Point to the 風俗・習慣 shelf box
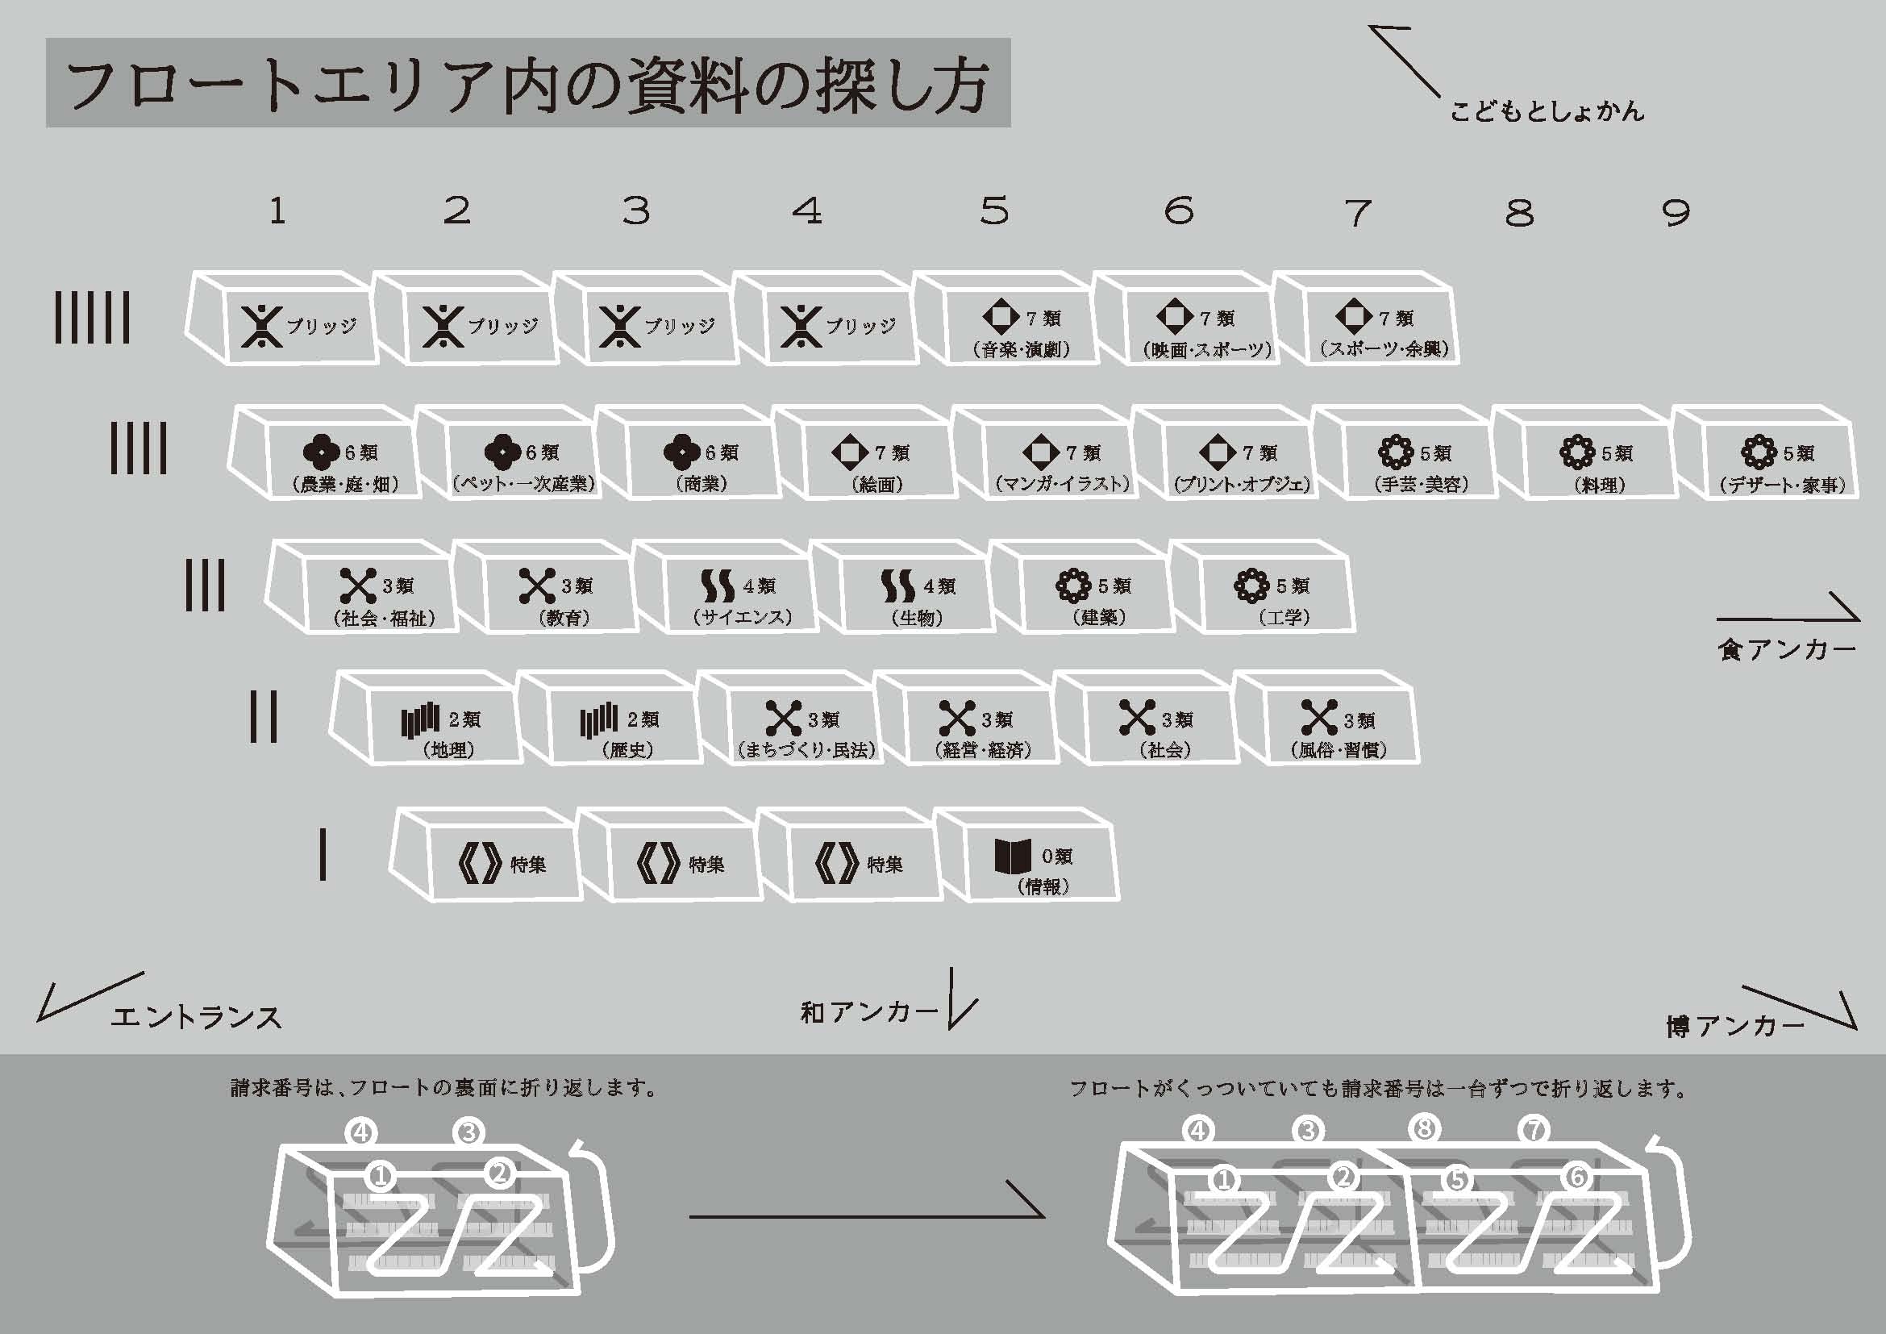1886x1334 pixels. coord(1327,718)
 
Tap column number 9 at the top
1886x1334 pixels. coord(1676,213)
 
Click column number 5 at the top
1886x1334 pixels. coord(994,211)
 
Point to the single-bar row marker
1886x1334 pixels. coord(323,854)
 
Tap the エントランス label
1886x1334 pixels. coord(196,1018)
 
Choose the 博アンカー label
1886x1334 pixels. coord(1735,1026)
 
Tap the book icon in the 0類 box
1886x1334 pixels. coord(1013,857)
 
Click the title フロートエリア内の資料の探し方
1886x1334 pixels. coord(527,85)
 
